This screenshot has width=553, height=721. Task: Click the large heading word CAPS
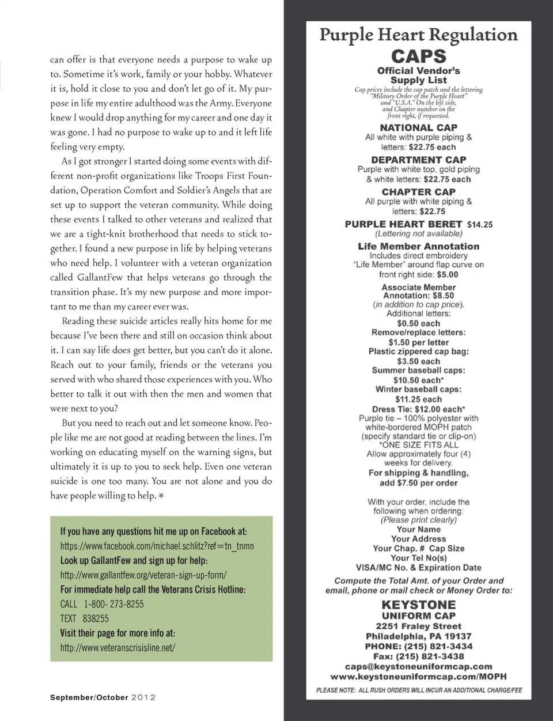pyautogui.click(x=419, y=56)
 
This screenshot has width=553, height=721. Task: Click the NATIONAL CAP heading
pyautogui.click(x=419, y=127)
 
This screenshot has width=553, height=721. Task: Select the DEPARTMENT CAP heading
pyautogui.click(x=419, y=160)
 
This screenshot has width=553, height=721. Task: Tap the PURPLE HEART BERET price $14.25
pyautogui.click(x=480, y=224)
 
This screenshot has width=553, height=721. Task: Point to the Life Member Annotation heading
pyautogui.click(x=419, y=246)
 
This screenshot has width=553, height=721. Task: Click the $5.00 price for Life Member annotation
pyautogui.click(x=447, y=274)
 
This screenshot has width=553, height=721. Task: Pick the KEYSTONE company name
pyautogui.click(x=419, y=605)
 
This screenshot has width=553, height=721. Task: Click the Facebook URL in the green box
pyautogui.click(x=157, y=546)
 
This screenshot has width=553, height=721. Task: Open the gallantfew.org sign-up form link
pyautogui.click(x=143, y=575)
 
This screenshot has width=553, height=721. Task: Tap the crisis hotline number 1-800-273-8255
pyautogui.click(x=114, y=604)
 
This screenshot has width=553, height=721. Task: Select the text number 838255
pyautogui.click(x=96, y=618)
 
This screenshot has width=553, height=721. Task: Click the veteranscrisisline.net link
pyautogui.click(x=118, y=647)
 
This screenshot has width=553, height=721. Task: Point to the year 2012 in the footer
pyautogui.click(x=144, y=697)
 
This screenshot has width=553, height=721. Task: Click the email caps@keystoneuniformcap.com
pyautogui.click(x=419, y=666)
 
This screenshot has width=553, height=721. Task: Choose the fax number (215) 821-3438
pyautogui.click(x=419, y=656)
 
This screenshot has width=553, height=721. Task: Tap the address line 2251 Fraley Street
pyautogui.click(x=419, y=626)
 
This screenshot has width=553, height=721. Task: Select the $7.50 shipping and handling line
pyautogui.click(x=419, y=483)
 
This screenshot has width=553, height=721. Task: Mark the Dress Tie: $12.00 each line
pyautogui.click(x=419, y=409)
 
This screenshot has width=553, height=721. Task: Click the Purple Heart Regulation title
pyautogui.click(x=419, y=35)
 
